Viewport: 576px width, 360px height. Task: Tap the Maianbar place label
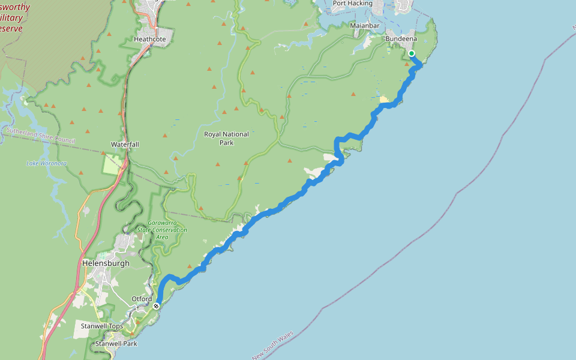click(365, 26)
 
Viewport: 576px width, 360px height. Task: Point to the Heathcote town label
click(150, 39)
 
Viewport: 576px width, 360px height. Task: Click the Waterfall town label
click(125, 145)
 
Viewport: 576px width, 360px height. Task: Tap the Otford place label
click(142, 299)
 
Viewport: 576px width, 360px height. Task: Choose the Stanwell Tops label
click(102, 326)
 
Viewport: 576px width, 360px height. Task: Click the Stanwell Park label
click(116, 344)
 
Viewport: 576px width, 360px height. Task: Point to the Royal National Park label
click(226, 139)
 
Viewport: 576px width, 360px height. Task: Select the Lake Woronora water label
click(46, 163)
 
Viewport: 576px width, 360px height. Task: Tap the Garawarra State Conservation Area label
click(162, 230)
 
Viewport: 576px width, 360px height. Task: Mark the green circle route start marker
click(412, 54)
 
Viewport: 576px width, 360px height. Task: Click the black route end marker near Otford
click(156, 306)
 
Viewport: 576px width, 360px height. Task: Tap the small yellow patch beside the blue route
click(384, 99)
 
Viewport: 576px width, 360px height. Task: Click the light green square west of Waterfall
click(112, 164)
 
